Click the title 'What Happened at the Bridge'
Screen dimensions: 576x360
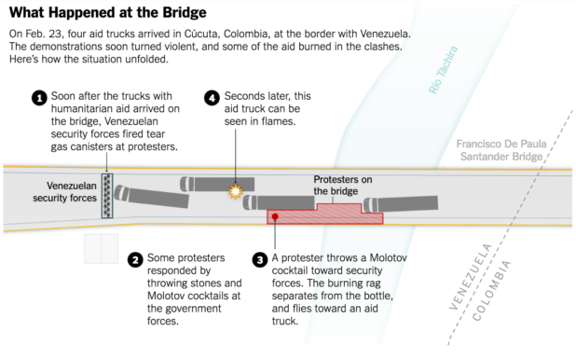(x=107, y=12)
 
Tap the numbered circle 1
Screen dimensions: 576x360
(x=39, y=98)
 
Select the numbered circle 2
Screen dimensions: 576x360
(x=135, y=259)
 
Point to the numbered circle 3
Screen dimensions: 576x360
(x=260, y=259)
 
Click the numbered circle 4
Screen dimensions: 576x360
(x=212, y=98)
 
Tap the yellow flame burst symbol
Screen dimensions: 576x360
(x=236, y=191)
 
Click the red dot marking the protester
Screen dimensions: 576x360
(x=275, y=216)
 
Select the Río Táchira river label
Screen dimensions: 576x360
(x=444, y=70)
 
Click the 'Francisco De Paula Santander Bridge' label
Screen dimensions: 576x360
(x=501, y=150)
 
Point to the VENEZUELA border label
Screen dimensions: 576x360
(x=470, y=276)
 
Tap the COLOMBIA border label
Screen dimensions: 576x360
(x=491, y=290)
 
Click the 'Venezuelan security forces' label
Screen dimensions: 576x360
(x=65, y=191)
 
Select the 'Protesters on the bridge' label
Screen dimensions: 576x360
(x=343, y=186)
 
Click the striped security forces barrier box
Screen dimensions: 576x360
(x=107, y=196)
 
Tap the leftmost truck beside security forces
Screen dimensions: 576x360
(x=151, y=197)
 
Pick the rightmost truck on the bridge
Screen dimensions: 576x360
(x=401, y=203)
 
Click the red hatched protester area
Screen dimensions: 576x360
(x=325, y=215)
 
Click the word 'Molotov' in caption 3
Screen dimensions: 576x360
(x=388, y=257)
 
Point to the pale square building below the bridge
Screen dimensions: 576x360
(x=101, y=249)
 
